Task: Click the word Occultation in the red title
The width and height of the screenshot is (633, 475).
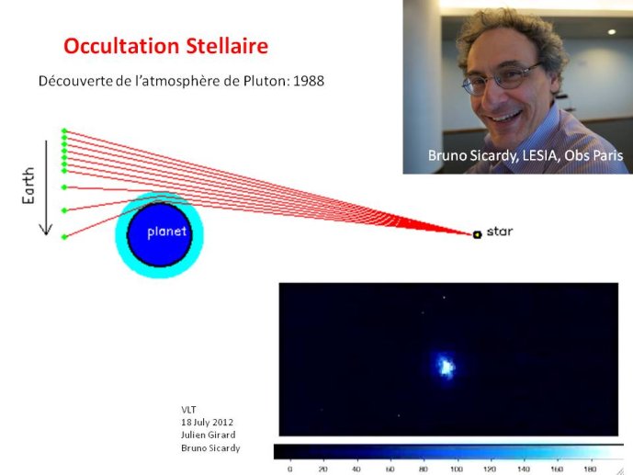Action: pos(121,46)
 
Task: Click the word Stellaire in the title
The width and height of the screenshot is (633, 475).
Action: pos(227,46)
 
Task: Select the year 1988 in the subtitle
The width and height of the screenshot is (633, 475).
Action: pos(309,81)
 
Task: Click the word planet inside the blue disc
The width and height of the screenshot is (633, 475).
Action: pos(166,232)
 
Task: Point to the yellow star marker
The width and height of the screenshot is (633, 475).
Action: pos(477,234)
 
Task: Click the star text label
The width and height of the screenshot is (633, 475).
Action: pos(500,232)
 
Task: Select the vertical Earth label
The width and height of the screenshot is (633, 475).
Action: pos(28,186)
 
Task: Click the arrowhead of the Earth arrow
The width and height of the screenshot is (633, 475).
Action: pos(46,230)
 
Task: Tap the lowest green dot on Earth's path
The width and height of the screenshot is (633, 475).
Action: pos(64,237)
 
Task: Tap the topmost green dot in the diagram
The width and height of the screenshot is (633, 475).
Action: pos(64,130)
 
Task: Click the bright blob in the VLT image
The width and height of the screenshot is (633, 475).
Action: pos(446,366)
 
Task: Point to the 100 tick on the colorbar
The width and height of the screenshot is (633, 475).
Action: pos(457,469)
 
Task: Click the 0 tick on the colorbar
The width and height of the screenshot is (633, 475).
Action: pos(289,469)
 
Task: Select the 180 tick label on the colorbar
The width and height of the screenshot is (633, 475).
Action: pos(590,469)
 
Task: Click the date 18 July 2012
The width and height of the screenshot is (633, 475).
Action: pos(207,422)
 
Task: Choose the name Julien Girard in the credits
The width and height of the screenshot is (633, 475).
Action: pos(209,435)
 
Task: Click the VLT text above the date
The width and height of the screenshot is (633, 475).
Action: pos(188,410)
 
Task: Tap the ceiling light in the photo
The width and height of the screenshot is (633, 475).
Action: pos(612,31)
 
